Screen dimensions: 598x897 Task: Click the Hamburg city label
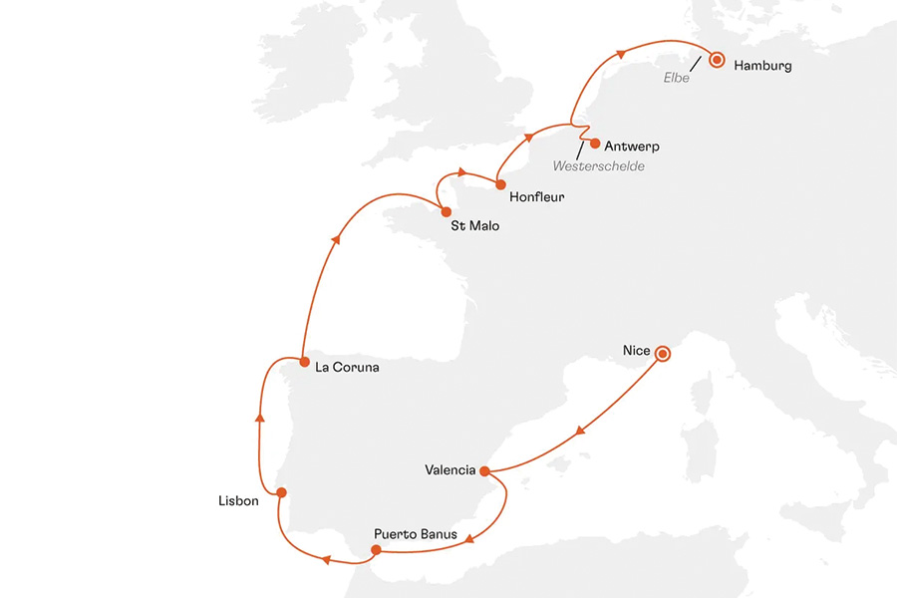pos(762,67)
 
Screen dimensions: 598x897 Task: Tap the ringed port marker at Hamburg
pos(716,60)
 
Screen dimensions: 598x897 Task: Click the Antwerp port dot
pos(595,143)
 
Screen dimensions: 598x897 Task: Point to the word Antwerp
pos(632,147)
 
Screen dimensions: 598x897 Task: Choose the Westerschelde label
pos(598,165)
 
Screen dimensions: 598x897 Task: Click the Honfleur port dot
pos(499,183)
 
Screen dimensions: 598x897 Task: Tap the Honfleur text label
pos(536,197)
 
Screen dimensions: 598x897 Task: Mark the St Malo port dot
pos(447,211)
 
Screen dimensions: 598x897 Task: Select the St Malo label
pos(474,226)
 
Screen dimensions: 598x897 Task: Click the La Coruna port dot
pos(301,361)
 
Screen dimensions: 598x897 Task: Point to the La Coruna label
pos(346,368)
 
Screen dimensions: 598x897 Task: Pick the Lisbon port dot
pos(282,492)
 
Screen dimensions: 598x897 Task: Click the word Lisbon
pos(238,501)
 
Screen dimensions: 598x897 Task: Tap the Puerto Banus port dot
pos(376,549)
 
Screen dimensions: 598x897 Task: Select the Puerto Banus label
pos(416,534)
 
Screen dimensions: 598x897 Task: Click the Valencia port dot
pos(484,471)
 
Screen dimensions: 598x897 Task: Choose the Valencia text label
pos(449,470)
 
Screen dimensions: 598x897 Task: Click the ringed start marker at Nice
pos(663,352)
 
